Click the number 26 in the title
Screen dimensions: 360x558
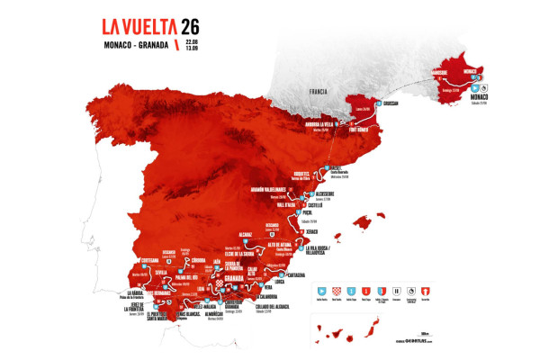coord(193,27)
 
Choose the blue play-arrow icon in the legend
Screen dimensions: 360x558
coord(323,290)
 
